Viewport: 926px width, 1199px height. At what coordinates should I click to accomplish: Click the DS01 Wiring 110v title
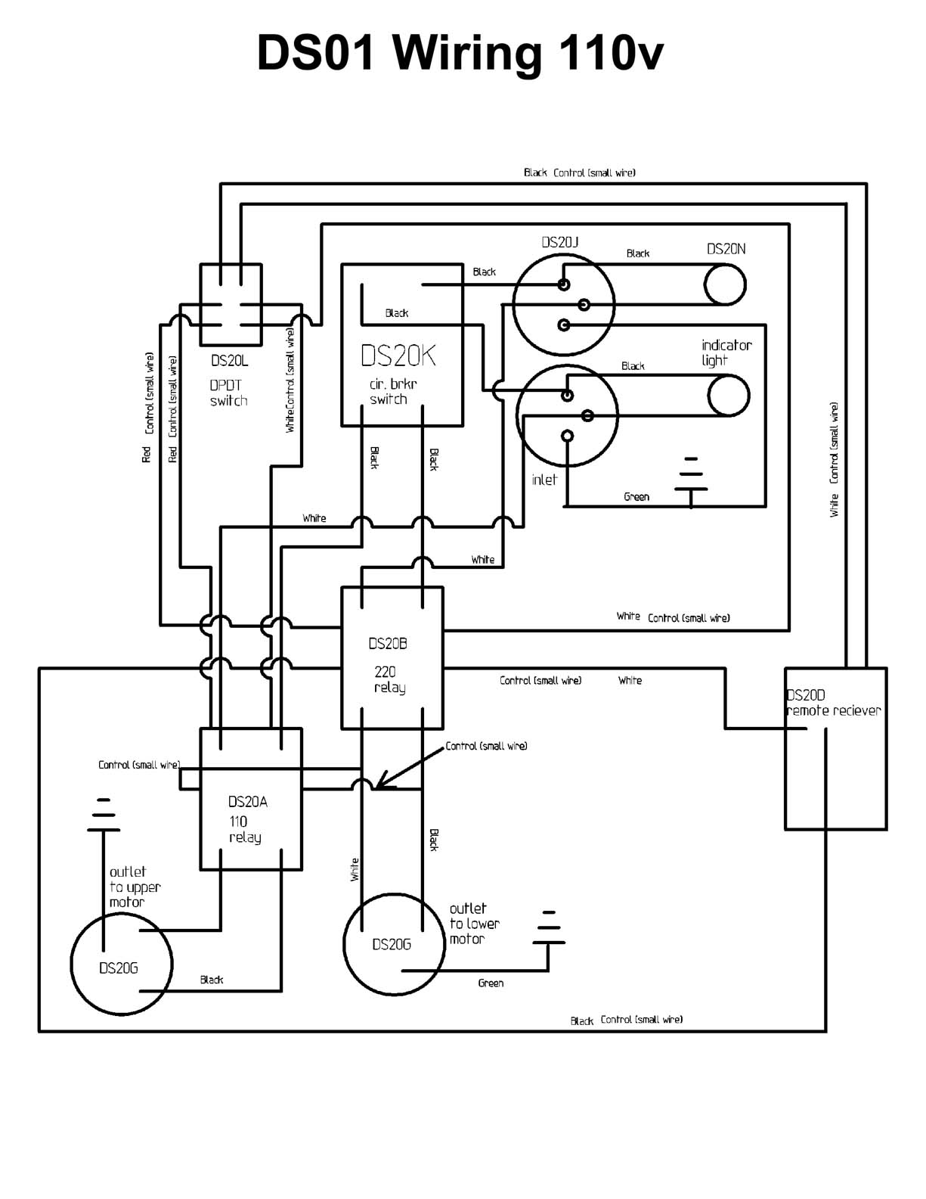click(x=460, y=54)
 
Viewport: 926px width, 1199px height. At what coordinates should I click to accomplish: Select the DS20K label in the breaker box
click(x=398, y=356)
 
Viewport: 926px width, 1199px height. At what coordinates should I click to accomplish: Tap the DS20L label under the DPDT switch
click(x=229, y=361)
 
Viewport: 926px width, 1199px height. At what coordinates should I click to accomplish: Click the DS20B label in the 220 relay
click(x=388, y=643)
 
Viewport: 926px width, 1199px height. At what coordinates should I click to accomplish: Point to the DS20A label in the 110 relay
click(x=247, y=802)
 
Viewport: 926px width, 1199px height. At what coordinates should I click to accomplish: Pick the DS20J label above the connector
click(x=560, y=242)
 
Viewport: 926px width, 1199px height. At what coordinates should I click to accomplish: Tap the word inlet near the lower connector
click(x=544, y=480)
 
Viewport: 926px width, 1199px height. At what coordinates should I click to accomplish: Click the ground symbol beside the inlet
click(x=691, y=481)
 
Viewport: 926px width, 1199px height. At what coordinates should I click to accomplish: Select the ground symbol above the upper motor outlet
click(x=103, y=815)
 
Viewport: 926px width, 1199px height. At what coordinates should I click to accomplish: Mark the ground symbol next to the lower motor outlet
click(x=549, y=929)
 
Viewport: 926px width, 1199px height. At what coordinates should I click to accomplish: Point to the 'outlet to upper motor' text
click(x=135, y=887)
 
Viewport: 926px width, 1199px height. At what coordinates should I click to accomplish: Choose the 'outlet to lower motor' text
click(x=475, y=924)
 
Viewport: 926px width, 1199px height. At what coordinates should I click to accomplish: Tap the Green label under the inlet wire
click(x=636, y=496)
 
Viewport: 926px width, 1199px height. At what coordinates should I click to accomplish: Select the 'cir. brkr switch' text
click(x=393, y=391)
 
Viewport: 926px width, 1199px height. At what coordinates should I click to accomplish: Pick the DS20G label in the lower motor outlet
click(x=392, y=945)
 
